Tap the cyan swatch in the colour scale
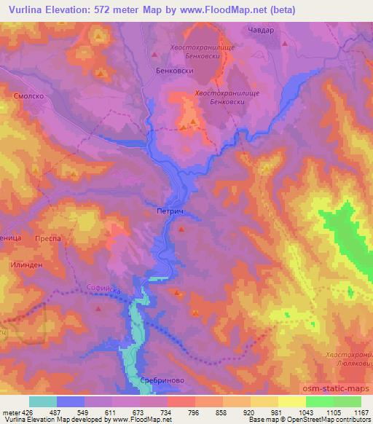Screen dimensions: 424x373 43,401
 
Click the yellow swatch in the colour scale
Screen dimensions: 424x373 292,401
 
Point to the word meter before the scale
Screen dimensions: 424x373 12,412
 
